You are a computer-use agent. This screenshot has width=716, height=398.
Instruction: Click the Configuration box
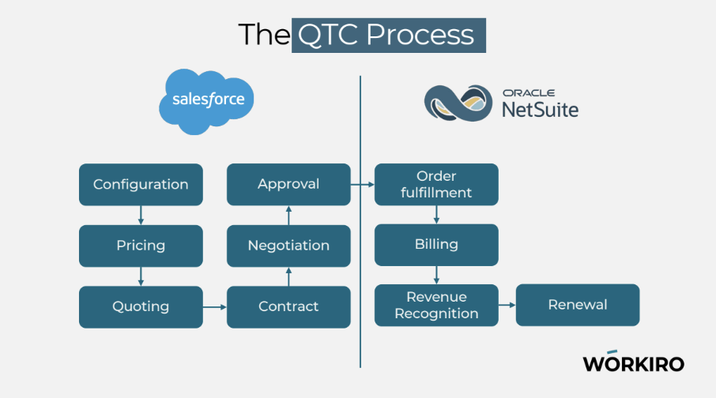(x=141, y=184)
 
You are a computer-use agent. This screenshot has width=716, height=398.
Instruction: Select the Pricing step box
(x=141, y=246)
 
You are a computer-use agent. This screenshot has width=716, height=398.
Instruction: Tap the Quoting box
(x=141, y=306)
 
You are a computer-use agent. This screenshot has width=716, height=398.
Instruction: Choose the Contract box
(x=288, y=306)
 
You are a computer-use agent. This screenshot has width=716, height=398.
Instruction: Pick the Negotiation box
(x=288, y=246)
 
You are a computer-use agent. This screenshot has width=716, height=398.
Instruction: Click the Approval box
(x=288, y=184)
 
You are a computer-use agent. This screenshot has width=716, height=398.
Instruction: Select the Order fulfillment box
(x=436, y=184)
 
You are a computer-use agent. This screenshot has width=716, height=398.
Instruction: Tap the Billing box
(x=436, y=245)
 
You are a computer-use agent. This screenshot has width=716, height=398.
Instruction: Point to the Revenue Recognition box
(x=436, y=305)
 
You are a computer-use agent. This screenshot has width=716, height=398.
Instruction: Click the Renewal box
(x=577, y=305)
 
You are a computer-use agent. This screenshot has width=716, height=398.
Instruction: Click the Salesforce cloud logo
(x=208, y=100)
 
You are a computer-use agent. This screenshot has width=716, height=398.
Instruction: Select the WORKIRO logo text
(x=633, y=362)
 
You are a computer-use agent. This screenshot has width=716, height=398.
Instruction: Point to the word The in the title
(x=264, y=35)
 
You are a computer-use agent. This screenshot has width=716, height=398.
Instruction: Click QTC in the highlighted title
(x=330, y=35)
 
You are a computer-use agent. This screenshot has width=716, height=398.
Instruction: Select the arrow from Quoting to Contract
(x=214, y=306)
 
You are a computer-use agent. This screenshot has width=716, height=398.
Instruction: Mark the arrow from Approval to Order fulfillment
(x=362, y=184)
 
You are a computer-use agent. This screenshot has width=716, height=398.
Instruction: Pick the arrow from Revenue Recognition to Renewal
(x=507, y=305)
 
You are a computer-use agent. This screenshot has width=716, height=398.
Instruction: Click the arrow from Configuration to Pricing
(x=141, y=215)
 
